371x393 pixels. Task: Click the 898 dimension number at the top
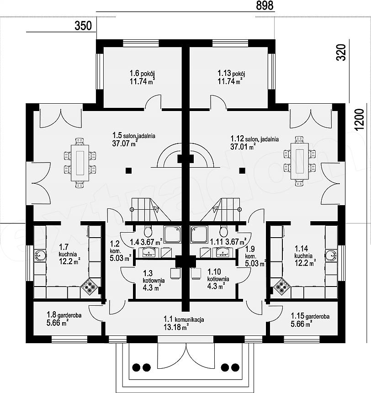pos(265,5)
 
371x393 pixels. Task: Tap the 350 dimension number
pos(83,26)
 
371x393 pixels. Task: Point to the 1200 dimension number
pos(359,120)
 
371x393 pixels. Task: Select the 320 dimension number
pos(341,53)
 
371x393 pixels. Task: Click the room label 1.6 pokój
pos(142,74)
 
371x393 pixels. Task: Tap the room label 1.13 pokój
pos(231,74)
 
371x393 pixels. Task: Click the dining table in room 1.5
pos(80,163)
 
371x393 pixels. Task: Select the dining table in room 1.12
pos(300,161)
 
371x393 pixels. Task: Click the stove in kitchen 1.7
pos(89,286)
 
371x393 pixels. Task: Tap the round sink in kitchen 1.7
pos(40,255)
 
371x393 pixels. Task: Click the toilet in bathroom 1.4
pos(148,231)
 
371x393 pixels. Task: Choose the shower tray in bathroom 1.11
pos(199,234)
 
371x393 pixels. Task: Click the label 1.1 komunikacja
pos(184,319)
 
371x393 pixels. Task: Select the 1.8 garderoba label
pos(64,315)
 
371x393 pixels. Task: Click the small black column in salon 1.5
pos(128,171)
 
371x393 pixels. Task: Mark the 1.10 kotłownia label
pos(218,275)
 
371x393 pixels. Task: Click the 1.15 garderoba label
pos(310,316)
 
